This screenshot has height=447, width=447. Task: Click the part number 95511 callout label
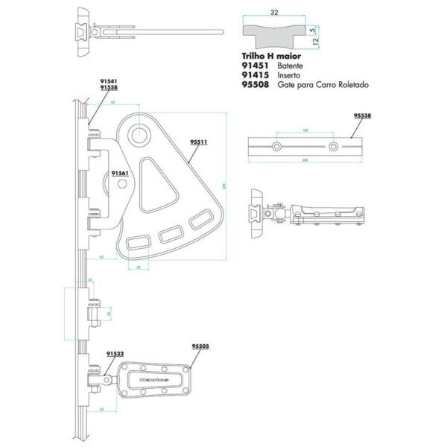[199, 140]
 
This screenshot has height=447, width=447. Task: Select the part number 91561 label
[119, 172]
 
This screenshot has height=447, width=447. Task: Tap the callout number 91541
[109, 81]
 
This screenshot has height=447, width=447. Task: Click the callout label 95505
[200, 346]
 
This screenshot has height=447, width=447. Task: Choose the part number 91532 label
[115, 354]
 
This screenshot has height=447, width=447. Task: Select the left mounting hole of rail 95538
[277, 148]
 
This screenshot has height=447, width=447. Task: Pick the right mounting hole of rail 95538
[335, 148]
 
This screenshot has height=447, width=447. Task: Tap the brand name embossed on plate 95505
[154, 379]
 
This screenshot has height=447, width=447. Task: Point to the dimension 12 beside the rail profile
[318, 42]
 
